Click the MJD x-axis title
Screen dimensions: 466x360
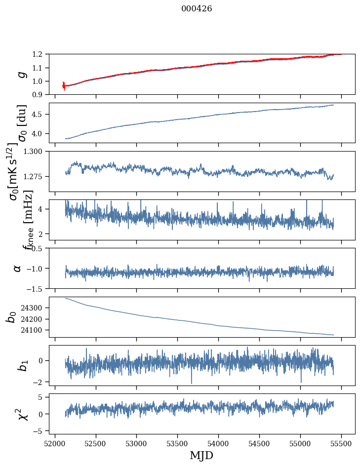201,455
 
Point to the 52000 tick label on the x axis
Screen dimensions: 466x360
55,443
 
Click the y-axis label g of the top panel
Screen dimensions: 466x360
21,74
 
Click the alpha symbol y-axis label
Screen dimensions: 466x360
17,268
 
